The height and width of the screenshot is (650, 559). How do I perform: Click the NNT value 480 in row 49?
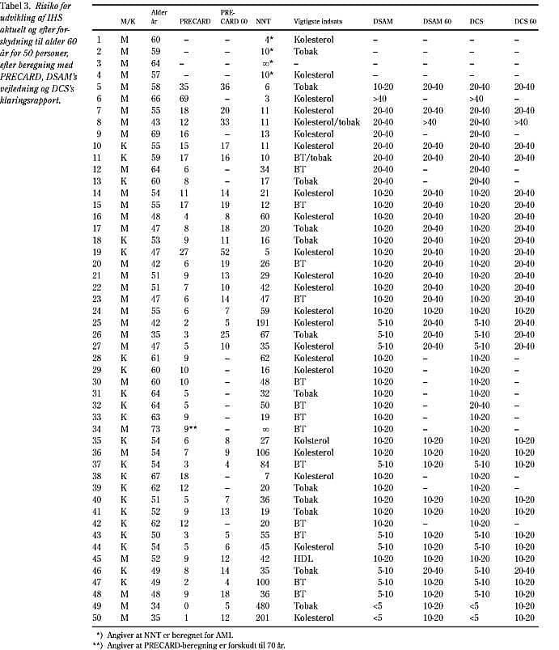tap(262, 606)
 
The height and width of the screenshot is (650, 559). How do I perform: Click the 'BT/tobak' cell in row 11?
tap(308, 157)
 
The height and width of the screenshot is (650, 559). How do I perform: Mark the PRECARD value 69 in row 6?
tap(184, 99)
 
